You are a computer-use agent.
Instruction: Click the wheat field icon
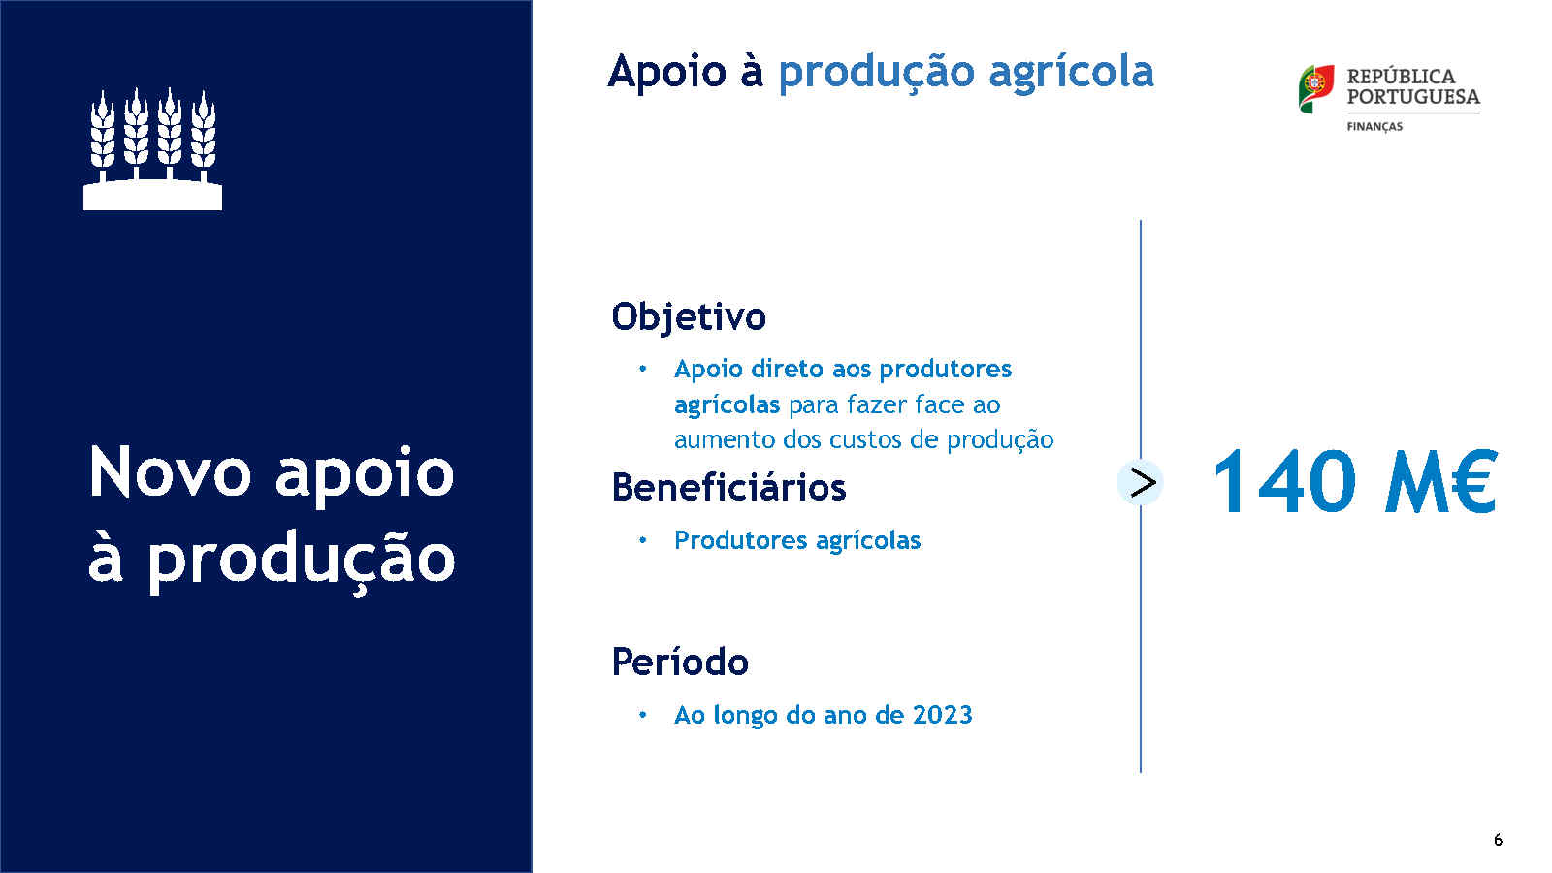[152, 148]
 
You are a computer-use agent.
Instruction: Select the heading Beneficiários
[728, 487]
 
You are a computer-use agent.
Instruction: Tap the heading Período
[680, 662]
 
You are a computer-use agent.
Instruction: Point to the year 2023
[942, 714]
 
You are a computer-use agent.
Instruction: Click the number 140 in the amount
[1284, 481]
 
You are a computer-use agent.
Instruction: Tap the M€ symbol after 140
[1441, 481]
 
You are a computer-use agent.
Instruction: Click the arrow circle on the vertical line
[1141, 482]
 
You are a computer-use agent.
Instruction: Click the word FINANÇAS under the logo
[1374, 127]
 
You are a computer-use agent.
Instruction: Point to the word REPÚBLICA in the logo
[1401, 77]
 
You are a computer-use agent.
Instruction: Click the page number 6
[1498, 840]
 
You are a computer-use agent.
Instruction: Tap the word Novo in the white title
[170, 473]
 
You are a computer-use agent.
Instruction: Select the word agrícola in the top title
[1071, 73]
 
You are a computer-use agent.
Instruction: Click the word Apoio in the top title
[667, 72]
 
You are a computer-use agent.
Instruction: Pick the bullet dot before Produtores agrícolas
[643, 540]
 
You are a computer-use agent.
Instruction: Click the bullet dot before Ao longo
[643, 715]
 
